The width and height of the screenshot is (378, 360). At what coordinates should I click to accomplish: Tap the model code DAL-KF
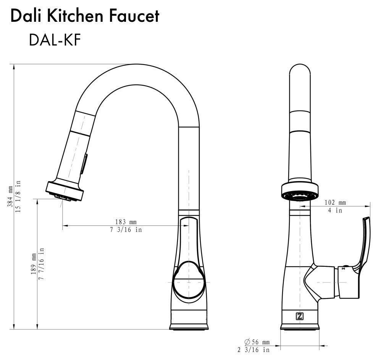click(x=55, y=40)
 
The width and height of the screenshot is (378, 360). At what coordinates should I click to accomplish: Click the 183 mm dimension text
click(x=126, y=222)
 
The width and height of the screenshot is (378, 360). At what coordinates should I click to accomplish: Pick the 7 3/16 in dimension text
click(x=126, y=230)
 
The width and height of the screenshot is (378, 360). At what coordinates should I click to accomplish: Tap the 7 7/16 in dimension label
click(x=41, y=264)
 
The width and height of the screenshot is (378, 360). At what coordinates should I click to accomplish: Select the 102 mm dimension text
click(x=335, y=203)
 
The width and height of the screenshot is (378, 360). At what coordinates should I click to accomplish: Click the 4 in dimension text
click(x=335, y=210)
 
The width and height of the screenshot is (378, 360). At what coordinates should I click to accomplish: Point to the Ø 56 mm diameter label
click(x=257, y=342)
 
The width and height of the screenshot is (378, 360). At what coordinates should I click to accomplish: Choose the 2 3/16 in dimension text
click(x=253, y=350)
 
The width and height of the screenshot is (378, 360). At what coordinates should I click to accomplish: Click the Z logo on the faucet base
click(x=299, y=316)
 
